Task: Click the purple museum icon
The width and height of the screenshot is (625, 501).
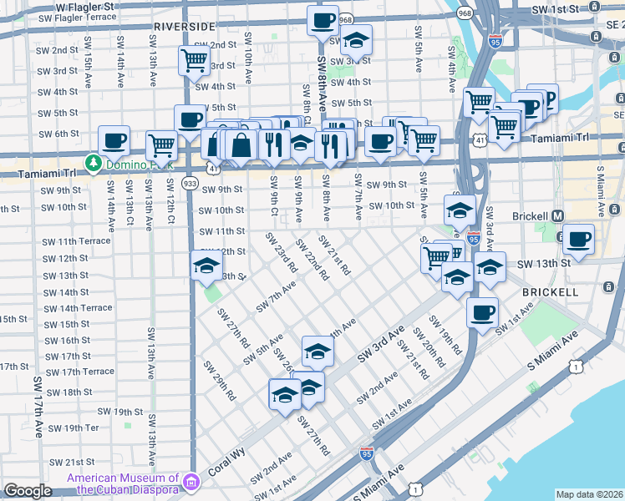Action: point(192,482)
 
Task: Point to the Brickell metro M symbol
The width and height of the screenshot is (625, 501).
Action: point(558,215)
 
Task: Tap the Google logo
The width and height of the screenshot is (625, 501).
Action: point(28,491)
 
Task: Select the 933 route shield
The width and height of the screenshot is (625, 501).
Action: point(190,183)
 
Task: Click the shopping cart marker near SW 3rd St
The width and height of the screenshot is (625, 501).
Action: point(194,60)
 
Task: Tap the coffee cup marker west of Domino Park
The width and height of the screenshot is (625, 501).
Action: point(114,140)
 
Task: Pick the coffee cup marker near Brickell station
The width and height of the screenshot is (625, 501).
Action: point(578,239)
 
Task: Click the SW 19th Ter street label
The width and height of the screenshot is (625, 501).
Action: point(74,428)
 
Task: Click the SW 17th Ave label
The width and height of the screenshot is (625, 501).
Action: point(38,407)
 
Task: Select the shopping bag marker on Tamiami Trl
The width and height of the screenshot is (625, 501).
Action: point(241,144)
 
